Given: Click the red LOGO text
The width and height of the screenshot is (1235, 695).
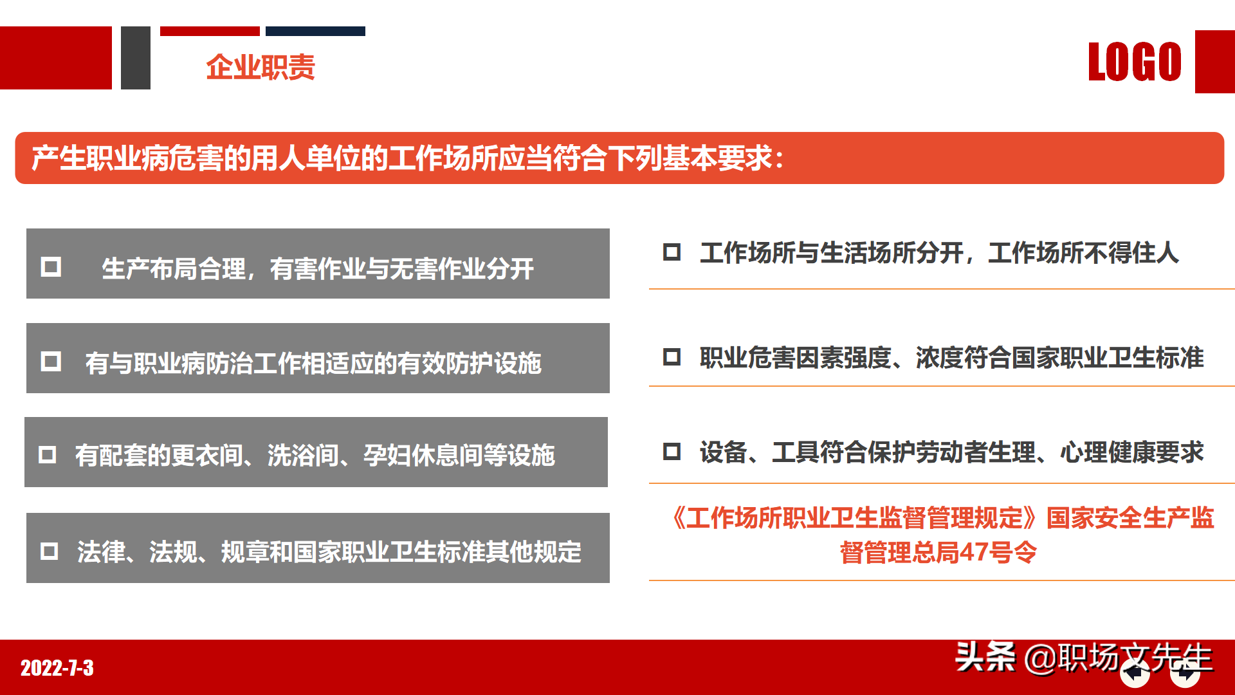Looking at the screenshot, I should tap(1135, 62).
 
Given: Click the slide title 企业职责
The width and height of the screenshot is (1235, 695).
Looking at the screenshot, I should tap(261, 67).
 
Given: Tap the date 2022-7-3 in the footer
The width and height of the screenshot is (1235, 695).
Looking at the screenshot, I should tap(57, 668).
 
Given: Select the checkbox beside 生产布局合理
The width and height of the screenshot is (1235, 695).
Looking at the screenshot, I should tap(51, 266).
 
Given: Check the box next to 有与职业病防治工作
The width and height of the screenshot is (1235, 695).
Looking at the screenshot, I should tap(51, 361).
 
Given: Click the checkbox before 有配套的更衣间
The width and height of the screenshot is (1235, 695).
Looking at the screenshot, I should tap(48, 455).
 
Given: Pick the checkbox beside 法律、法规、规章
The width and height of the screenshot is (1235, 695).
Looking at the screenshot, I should tap(50, 551).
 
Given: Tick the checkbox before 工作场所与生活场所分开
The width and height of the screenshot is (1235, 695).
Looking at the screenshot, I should tap(672, 252).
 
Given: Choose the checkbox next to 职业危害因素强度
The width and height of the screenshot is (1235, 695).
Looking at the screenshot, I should tap(672, 357).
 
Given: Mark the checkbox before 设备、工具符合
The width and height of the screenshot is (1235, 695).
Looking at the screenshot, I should tap(672, 451).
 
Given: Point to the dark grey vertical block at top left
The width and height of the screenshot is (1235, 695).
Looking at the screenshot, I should tap(136, 58).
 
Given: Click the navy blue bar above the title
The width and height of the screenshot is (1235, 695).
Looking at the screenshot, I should tap(315, 31).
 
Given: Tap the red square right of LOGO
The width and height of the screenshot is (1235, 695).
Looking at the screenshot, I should tap(1214, 62).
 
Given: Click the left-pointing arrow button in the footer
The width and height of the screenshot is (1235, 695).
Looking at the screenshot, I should tap(1135, 674).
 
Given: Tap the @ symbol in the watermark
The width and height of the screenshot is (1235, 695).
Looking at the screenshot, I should tap(1040, 658).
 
